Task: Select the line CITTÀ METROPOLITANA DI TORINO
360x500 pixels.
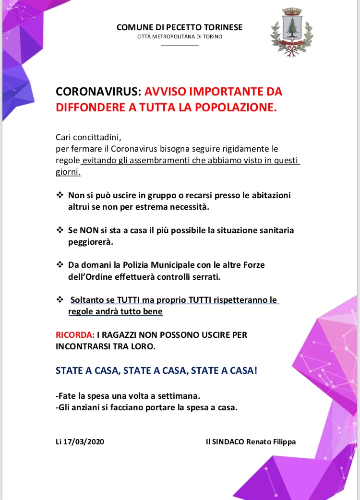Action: click(x=180, y=36)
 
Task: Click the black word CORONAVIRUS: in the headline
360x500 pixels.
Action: click(x=98, y=91)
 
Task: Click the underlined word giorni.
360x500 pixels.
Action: click(x=68, y=172)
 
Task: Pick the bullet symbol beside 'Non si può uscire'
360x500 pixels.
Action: click(x=60, y=195)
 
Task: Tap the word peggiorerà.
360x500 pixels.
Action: click(x=90, y=242)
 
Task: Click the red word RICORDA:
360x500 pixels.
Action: click(x=75, y=334)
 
